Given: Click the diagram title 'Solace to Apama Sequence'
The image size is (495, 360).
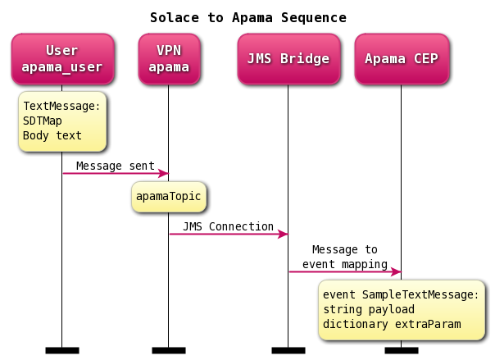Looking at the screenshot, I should (x=247, y=17).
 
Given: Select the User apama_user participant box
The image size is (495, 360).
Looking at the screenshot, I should (x=62, y=58).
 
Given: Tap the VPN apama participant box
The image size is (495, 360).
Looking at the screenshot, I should (x=169, y=58).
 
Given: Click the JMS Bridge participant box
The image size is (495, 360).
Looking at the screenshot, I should (x=288, y=58).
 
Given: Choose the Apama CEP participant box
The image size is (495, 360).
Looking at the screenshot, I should (x=401, y=58).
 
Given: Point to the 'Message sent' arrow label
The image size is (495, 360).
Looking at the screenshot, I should (x=115, y=166).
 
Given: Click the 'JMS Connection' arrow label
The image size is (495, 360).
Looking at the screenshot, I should (x=228, y=226).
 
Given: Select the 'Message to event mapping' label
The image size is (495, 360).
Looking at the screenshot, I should (x=344, y=257).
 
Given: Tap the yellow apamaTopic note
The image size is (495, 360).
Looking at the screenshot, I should (x=169, y=197).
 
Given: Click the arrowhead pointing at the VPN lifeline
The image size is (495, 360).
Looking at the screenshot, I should (x=163, y=173).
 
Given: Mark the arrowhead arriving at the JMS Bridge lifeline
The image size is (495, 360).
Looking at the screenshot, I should (x=283, y=235).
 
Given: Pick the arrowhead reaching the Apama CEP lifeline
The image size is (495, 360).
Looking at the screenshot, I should (x=396, y=271).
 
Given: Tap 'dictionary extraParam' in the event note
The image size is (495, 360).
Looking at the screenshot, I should (x=391, y=324).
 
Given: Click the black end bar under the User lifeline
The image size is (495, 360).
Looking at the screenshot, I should (x=62, y=350).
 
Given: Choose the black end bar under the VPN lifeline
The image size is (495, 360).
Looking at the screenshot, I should (x=169, y=350).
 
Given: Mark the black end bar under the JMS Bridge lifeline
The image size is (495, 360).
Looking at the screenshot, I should (x=288, y=350).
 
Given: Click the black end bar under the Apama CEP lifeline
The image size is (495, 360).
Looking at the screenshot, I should (x=401, y=350).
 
